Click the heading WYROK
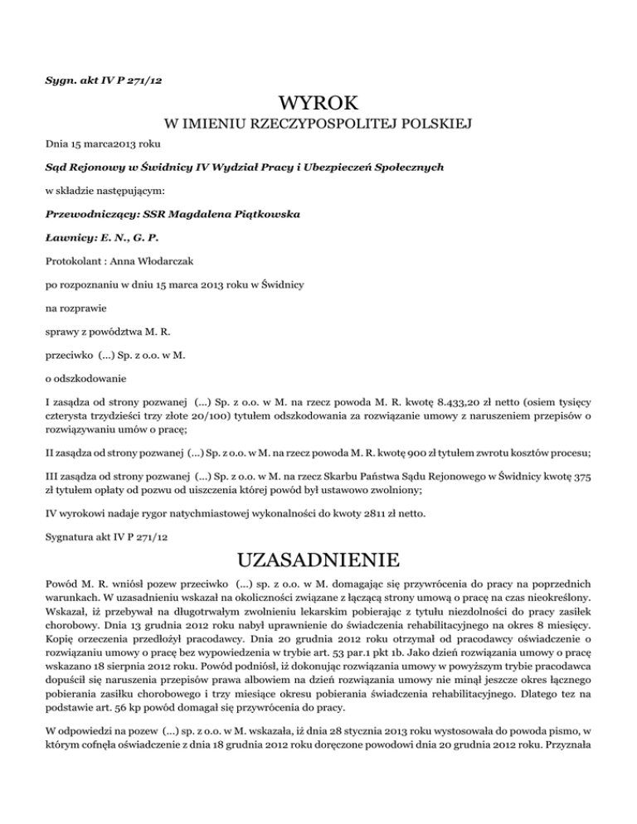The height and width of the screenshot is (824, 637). [318, 104]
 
